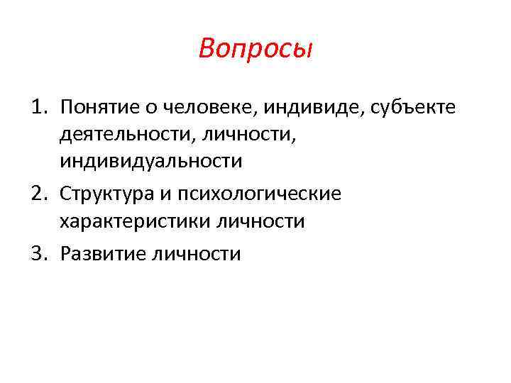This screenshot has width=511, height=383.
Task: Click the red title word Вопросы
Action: [x=255, y=49]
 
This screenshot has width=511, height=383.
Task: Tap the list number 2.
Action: [x=38, y=194]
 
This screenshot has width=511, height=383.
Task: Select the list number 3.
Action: [x=38, y=253]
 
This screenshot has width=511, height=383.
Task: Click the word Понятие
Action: [x=99, y=107]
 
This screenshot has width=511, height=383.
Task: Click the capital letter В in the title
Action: [x=208, y=49]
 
